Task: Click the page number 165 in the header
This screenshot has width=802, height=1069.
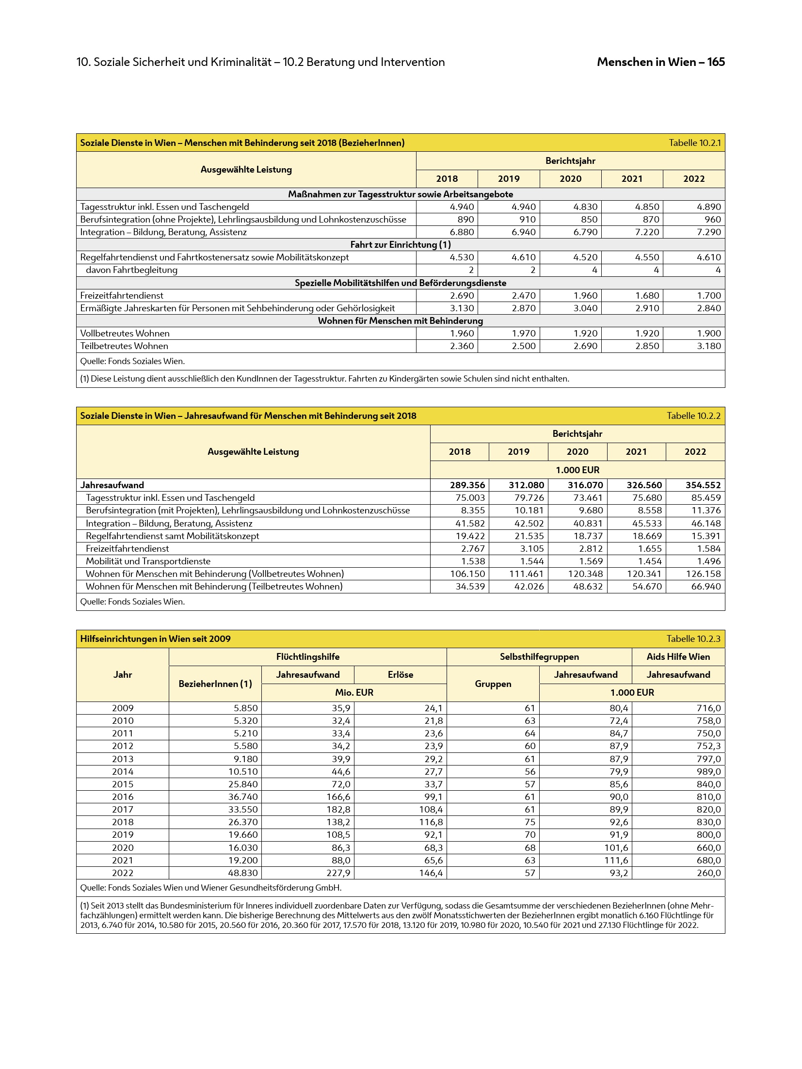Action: tap(716, 62)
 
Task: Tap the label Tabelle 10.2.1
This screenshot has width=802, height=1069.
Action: tap(694, 143)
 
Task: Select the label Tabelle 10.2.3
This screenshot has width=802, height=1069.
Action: tap(693, 638)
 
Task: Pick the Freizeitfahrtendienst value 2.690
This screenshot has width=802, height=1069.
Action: tap(462, 295)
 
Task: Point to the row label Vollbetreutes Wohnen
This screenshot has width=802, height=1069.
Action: tap(125, 333)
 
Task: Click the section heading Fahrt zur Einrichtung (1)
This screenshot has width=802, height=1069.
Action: tap(400, 244)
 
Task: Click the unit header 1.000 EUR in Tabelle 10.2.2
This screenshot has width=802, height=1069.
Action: tap(577, 470)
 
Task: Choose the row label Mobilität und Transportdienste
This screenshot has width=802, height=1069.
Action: tap(148, 561)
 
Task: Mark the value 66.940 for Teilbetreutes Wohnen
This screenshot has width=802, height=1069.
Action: tap(703, 586)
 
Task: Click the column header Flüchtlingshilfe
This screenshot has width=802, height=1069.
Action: tap(307, 657)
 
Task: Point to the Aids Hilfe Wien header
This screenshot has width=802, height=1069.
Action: tap(678, 657)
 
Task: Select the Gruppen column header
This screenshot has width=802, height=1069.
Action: tap(493, 684)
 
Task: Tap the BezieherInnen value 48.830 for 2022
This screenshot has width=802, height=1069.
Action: tap(245, 873)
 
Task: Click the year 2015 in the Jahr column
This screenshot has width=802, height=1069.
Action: tap(123, 784)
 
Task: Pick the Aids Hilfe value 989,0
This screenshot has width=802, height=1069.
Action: tap(708, 771)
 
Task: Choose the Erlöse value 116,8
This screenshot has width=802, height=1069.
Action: tap(431, 822)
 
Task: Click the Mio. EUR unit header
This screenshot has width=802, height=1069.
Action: tap(354, 692)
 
